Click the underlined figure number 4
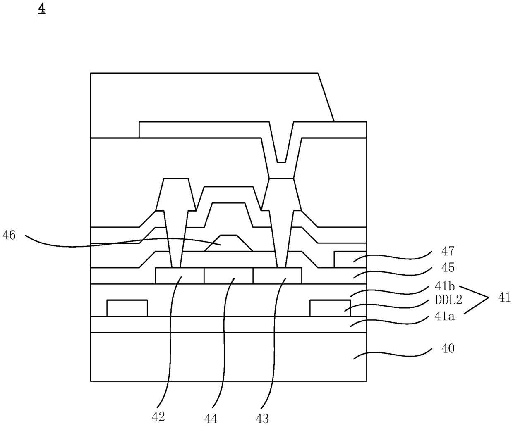pyautogui.click(x=42, y=9)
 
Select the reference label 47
pyautogui.click(x=448, y=251)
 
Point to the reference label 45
pyautogui.click(x=448, y=267)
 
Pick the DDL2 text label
pyautogui.click(x=448, y=299)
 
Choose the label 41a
pyautogui.click(x=445, y=317)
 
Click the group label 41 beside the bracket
pyautogui.click(x=504, y=297)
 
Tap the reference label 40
pyautogui.click(x=448, y=348)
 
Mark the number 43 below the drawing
pyautogui.click(x=262, y=418)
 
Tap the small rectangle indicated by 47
pyautogui.click(x=350, y=259)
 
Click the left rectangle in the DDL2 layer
pyautogui.click(x=127, y=308)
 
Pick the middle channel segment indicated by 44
pyautogui.click(x=228, y=276)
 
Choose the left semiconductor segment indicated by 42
pyautogui.click(x=180, y=276)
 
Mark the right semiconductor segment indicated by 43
pyautogui.click(x=277, y=276)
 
